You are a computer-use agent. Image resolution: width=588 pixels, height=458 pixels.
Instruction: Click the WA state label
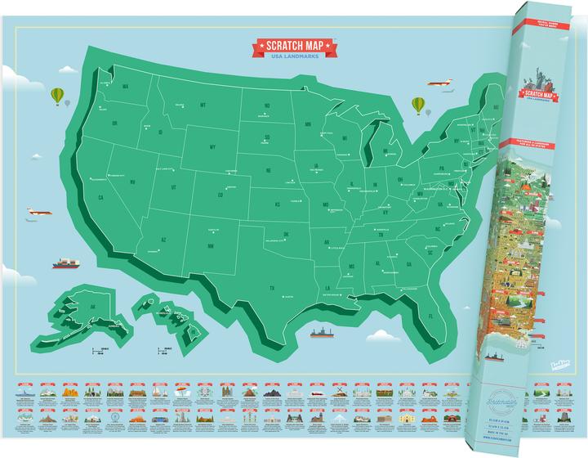(126, 86)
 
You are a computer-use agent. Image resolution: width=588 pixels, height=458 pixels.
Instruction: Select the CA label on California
(101, 197)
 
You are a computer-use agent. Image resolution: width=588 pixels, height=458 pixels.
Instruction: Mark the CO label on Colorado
(220, 195)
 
